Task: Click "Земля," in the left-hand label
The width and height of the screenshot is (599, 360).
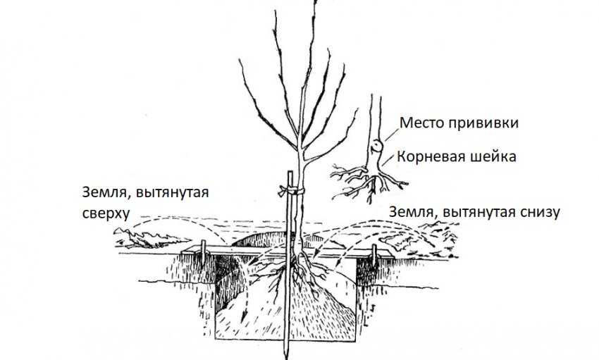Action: click(x=103, y=191)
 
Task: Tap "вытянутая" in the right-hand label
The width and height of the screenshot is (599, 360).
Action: click(x=471, y=211)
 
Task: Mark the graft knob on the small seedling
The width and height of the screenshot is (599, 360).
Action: click(x=378, y=147)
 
